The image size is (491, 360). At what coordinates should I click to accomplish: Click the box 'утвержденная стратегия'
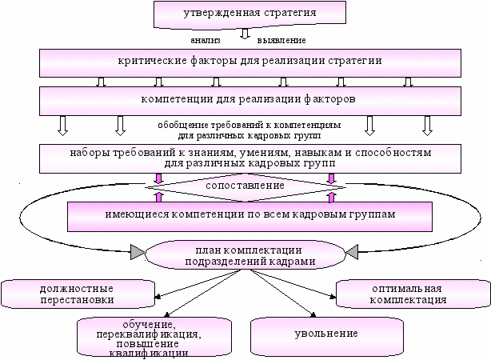pos(245,14)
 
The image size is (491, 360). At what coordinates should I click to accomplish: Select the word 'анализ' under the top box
pos(206,38)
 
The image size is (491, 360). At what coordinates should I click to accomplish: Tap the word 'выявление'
pos(282,38)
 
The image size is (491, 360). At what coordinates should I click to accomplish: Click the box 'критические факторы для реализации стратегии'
pos(249,61)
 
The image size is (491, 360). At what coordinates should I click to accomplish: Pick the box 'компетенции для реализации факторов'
pos(249,100)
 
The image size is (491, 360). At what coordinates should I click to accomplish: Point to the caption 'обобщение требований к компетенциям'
pos(249,126)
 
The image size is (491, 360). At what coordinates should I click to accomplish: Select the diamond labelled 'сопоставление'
pos(246,186)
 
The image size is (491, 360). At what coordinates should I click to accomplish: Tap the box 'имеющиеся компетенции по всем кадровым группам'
pos(249,214)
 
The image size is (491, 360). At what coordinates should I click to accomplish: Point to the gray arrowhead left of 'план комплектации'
pos(137,254)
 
